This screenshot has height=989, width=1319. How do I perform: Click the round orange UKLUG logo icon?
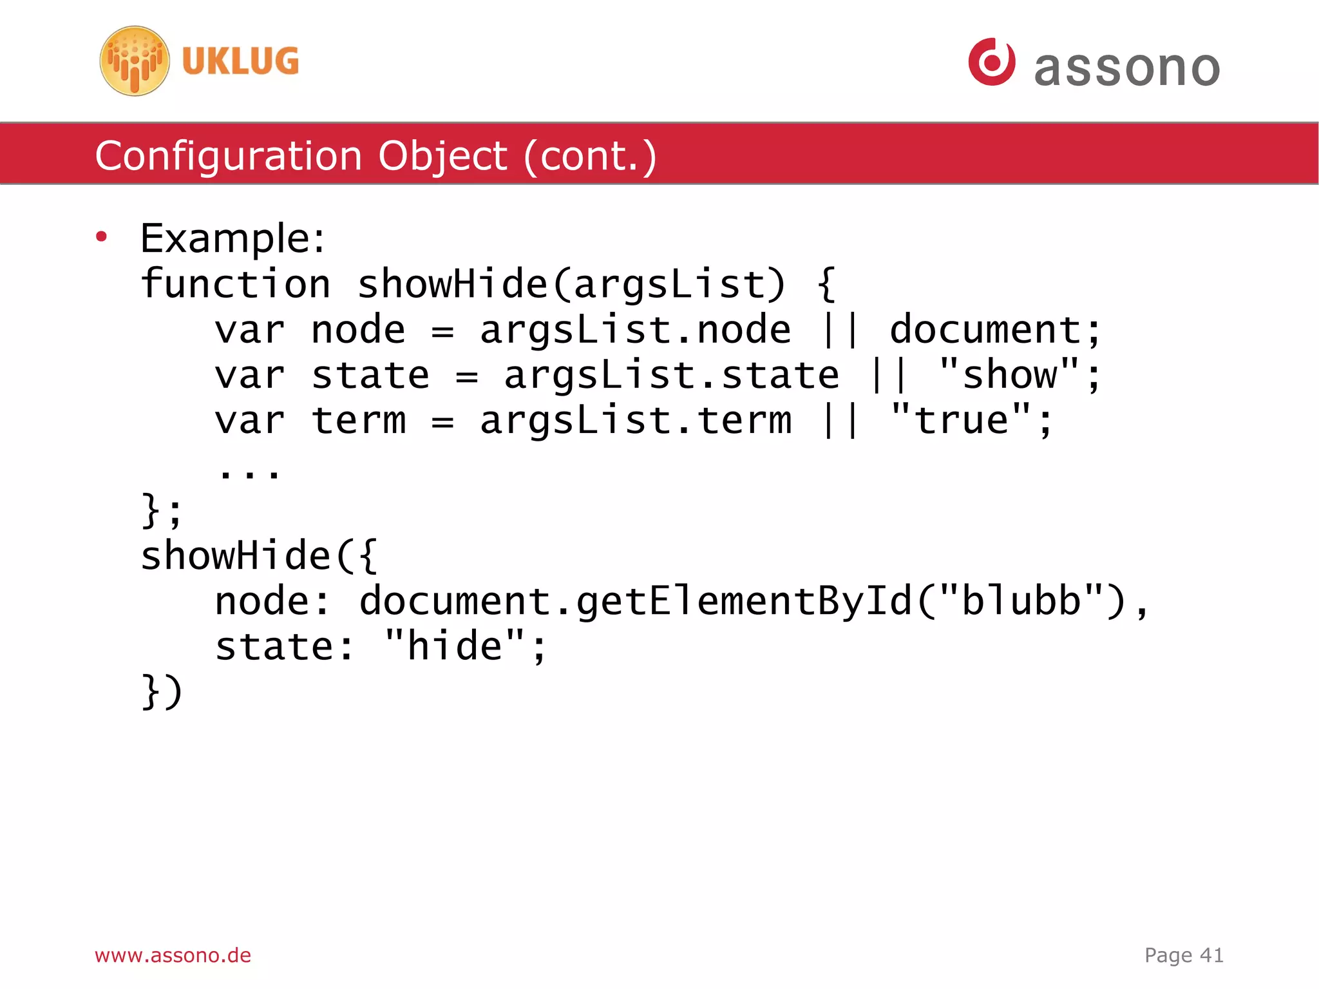point(135,61)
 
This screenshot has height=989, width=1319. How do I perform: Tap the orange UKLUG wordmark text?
point(240,62)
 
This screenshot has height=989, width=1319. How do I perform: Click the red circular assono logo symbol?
point(991,62)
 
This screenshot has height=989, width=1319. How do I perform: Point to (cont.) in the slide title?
point(590,157)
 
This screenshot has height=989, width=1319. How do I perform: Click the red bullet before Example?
point(101,237)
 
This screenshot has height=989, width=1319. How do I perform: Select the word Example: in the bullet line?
point(232,238)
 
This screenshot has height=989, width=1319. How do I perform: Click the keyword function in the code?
point(236,284)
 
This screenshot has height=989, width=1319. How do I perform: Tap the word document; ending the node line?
point(995,330)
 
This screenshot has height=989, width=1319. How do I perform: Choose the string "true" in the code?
point(962,420)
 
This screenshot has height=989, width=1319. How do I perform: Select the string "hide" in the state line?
point(455,646)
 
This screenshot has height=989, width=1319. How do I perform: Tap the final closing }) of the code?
point(162,692)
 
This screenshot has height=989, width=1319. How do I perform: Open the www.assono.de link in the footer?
point(173,955)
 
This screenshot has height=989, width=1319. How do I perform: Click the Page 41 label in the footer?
point(1184,955)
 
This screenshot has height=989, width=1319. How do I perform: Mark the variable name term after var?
point(359,421)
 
